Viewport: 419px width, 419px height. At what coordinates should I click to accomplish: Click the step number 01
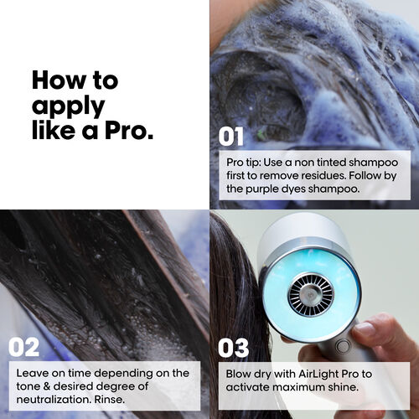point(230,136)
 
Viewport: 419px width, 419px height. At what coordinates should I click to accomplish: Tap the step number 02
point(24,347)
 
